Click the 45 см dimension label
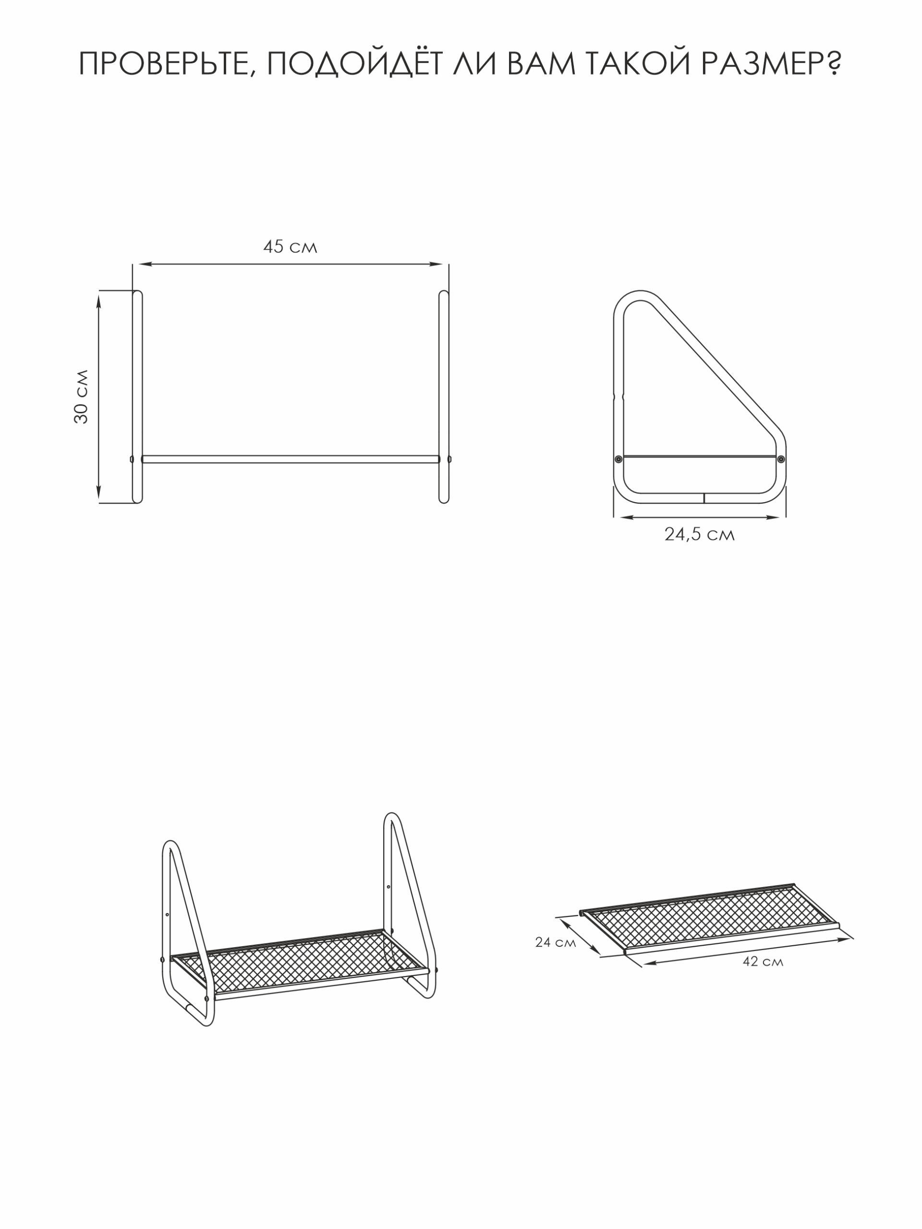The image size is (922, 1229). [290, 247]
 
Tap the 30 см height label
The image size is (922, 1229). [81, 396]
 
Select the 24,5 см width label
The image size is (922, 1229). [699, 534]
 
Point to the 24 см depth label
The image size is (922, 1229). [556, 942]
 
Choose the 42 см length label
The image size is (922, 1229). [763, 962]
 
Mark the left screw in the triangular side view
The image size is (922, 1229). [619, 459]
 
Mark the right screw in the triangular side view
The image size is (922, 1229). [781, 459]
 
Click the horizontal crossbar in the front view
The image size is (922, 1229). [290, 459]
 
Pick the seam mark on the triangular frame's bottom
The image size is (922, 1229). [704, 497]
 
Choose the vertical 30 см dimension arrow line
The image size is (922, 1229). [99, 396]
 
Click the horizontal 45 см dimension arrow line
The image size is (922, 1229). [290, 264]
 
